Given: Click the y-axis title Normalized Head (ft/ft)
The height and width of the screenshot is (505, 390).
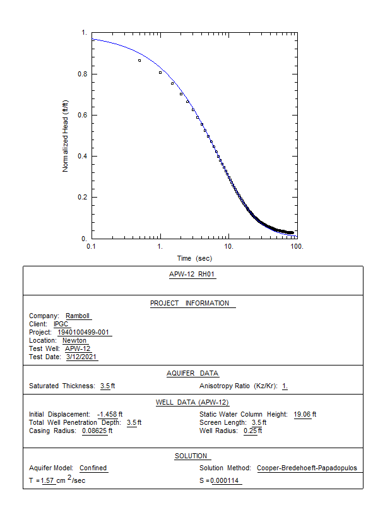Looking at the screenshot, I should pos(65,136).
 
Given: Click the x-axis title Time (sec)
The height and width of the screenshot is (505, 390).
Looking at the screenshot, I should pos(194,259).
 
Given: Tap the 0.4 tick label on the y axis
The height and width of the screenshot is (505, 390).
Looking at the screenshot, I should pos(83,156).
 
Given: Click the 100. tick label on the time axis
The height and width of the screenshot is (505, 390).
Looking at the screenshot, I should pos(297,246).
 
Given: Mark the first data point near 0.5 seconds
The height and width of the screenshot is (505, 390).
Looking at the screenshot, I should pos(139,60).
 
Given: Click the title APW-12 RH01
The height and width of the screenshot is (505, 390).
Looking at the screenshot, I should pos(193,275).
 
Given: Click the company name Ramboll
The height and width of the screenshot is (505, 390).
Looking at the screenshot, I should pos(78,316).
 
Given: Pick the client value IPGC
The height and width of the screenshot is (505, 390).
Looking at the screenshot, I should pos(61,324).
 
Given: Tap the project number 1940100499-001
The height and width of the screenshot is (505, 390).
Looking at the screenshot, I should pos(85,333).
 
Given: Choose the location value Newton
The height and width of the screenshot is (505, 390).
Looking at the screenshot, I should pos(74,341).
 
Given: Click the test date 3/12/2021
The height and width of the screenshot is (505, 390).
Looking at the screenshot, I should pos(81,357).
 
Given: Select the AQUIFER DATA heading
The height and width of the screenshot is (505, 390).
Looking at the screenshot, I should pos(192,374).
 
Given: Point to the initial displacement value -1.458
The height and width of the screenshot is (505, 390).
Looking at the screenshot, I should pos(109,414).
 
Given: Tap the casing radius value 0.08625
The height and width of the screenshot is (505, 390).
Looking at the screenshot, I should pos(96,431).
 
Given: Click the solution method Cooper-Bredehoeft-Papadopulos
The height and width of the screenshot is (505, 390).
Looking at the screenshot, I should pos(307,468).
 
